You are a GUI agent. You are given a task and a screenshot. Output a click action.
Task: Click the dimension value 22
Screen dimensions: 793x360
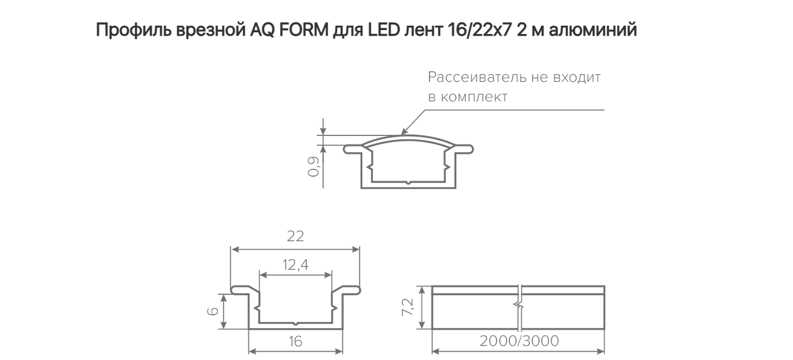click(295, 236)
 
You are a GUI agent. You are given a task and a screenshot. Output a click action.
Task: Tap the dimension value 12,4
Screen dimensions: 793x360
click(295, 265)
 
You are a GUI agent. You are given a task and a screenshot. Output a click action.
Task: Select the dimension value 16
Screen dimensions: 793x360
click(295, 342)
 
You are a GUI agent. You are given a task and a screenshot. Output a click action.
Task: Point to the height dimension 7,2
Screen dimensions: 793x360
click(407, 307)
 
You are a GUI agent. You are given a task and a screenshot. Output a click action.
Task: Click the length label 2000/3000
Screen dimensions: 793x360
click(519, 341)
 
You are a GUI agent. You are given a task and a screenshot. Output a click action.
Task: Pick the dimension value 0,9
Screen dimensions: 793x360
click(314, 167)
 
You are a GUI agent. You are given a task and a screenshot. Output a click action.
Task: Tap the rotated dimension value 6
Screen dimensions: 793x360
click(213, 312)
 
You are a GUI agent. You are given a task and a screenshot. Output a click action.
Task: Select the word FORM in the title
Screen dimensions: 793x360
click(304, 30)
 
